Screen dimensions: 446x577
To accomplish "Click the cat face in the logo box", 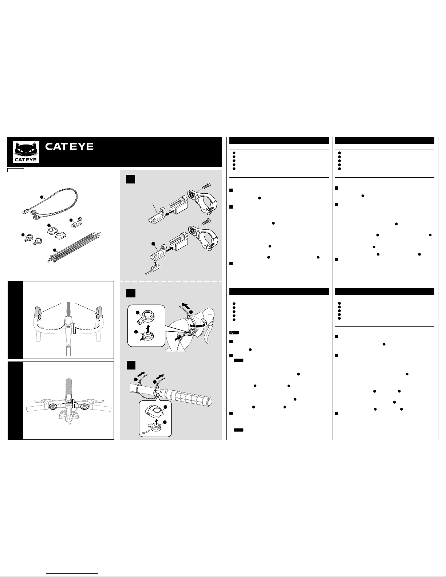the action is [26, 150].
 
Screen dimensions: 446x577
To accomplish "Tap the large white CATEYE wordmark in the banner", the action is [69, 147].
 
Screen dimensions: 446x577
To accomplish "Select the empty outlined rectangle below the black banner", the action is [16, 170].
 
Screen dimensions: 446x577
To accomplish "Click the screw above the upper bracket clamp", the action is [206, 186].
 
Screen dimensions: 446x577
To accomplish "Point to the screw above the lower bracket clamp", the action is [206, 221].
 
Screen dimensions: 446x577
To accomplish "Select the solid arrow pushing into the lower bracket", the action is [171, 249].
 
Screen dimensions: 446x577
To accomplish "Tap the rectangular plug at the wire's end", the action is [25, 212].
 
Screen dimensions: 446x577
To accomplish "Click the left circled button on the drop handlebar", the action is [40, 316].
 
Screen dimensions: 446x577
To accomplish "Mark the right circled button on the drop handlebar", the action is [98, 316].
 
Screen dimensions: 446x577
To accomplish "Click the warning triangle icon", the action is [231, 332].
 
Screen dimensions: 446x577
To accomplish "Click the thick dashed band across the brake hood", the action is [198, 325].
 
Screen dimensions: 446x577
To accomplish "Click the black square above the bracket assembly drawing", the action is [131, 179].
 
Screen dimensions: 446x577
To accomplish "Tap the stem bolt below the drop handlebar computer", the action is [68, 346].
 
